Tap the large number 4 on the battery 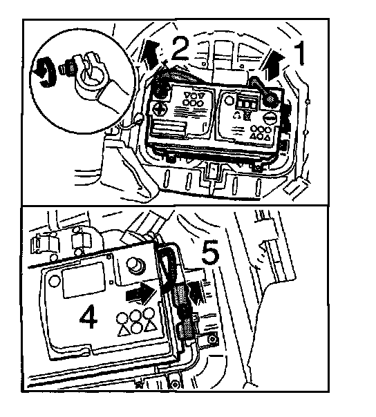click(88, 316)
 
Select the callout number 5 click(210, 252)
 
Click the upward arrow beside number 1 click(274, 66)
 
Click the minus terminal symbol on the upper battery click(271, 117)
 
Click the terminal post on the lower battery click(136, 265)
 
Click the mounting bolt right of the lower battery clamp click(212, 340)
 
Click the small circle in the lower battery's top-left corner click(55, 281)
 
